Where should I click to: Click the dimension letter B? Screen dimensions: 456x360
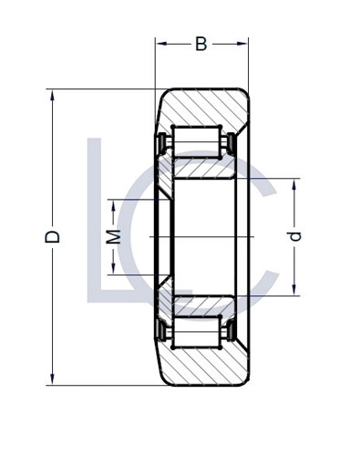tap(201, 44)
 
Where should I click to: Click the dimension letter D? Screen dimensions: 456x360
tap(53, 236)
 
